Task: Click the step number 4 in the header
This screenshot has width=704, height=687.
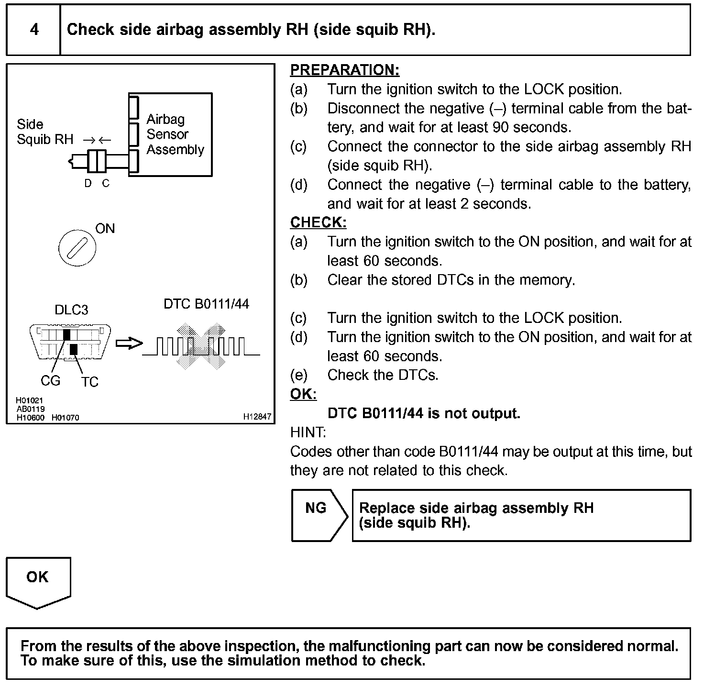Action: coord(34,30)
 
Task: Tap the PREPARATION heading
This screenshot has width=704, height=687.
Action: coord(344,70)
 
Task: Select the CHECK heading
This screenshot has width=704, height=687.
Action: coord(318,222)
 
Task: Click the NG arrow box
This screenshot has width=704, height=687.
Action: coord(319,515)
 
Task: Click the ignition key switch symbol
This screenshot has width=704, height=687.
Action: coord(77,248)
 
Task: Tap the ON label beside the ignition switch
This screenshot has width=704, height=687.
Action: coord(105,229)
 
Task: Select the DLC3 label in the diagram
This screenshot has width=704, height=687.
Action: coord(71,310)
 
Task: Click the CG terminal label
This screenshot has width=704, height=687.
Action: coord(50,381)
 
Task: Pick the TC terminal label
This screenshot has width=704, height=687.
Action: coord(89,382)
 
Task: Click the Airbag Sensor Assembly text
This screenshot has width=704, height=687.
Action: coord(175,134)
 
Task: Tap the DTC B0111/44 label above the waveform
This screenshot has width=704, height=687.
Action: coord(206,304)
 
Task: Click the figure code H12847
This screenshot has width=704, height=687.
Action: coord(257,417)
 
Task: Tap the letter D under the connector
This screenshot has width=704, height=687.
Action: coord(88,184)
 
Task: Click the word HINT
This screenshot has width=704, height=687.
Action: coord(308,432)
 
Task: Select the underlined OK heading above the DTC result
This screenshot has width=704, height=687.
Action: coord(303,394)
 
